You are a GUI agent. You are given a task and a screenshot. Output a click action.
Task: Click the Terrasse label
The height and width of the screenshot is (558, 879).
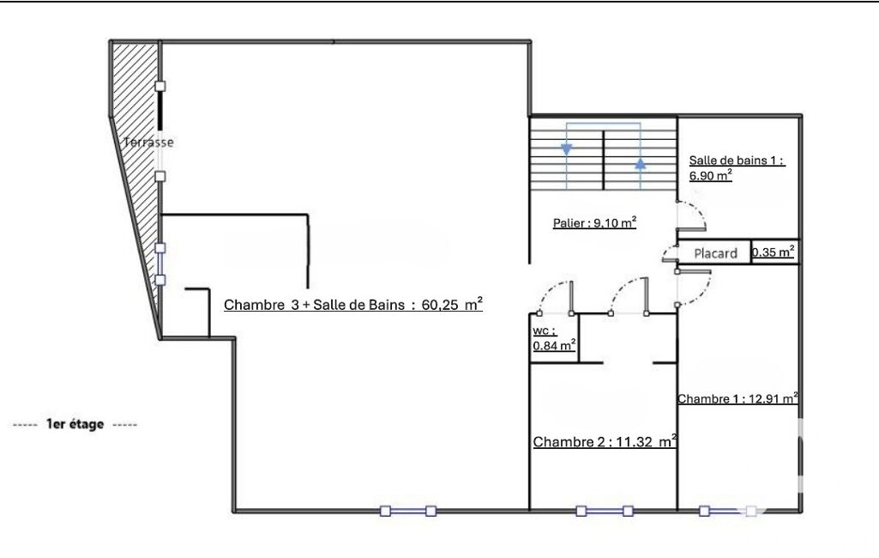click(148, 142)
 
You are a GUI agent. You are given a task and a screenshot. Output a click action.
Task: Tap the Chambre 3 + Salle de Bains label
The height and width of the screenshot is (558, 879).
click(353, 304)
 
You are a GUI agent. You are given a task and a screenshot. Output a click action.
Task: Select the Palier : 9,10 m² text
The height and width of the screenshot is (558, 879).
click(595, 222)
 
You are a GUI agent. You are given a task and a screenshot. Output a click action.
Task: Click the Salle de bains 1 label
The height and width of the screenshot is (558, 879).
click(737, 161)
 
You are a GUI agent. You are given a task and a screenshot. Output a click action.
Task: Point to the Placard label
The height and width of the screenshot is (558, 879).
click(715, 253)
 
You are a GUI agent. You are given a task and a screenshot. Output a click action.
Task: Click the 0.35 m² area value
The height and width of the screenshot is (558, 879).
click(773, 252)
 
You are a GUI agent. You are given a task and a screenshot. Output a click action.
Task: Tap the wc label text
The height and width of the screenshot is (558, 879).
click(541, 331)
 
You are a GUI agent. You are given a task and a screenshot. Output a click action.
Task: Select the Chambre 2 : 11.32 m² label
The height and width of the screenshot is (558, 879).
click(605, 441)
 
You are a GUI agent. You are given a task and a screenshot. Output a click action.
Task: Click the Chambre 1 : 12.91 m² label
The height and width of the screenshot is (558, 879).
click(738, 398)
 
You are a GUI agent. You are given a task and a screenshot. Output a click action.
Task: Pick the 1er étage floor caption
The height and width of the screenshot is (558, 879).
click(75, 424)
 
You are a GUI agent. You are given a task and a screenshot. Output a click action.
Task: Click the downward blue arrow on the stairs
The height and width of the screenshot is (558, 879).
click(567, 149)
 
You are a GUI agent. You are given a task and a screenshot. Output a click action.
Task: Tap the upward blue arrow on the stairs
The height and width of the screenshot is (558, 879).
click(641, 163)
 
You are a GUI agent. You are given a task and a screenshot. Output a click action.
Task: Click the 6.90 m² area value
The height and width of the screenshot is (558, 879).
click(711, 175)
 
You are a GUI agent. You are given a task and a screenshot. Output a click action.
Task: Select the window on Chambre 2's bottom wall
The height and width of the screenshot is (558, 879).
click(605, 511)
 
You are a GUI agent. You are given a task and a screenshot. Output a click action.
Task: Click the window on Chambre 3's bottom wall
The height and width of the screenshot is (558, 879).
click(407, 511)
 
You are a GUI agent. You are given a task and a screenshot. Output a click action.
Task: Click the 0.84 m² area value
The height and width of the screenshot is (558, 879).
click(554, 345)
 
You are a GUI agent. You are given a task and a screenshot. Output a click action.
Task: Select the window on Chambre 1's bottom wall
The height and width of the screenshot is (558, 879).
click(727, 511)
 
